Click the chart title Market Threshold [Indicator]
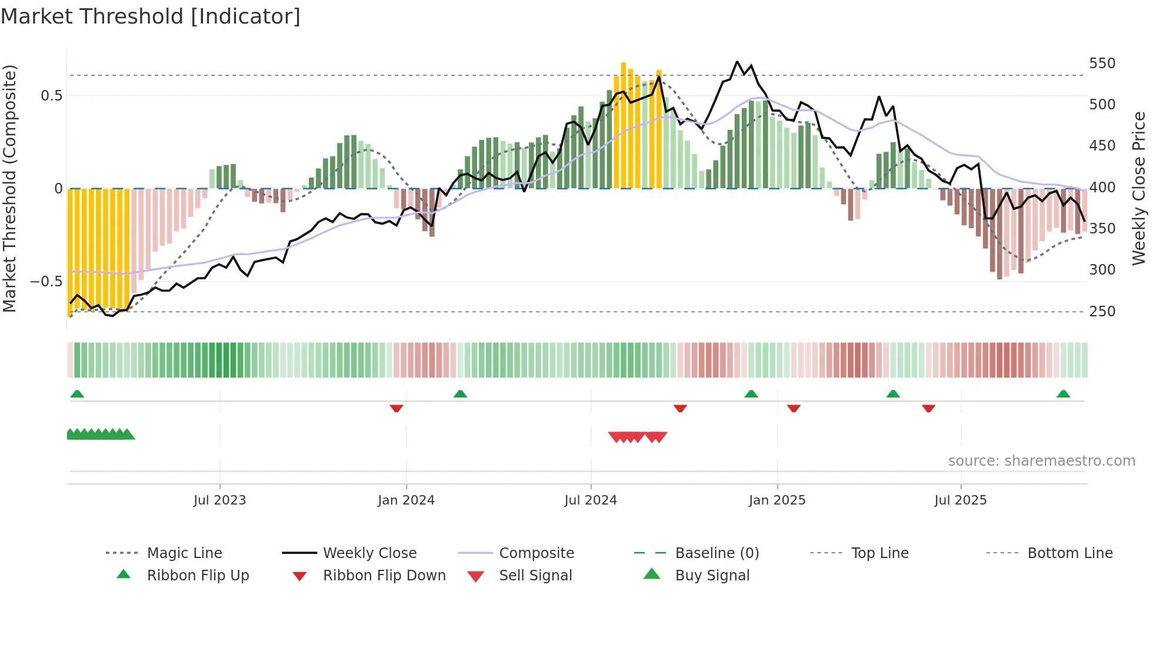click(151, 16)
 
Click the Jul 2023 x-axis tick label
click(219, 500)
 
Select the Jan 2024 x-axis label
click(406, 500)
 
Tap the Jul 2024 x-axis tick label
click(591, 500)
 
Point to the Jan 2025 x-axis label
click(777, 500)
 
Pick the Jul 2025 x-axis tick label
click(961, 500)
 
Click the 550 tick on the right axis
click(1102, 64)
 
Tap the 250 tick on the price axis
click(1102, 312)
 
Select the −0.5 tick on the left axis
click(46, 282)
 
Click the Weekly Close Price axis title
click(1139, 188)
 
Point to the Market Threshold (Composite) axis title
click(9, 188)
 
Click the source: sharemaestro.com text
click(1041, 461)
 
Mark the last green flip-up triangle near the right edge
click(1063, 394)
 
